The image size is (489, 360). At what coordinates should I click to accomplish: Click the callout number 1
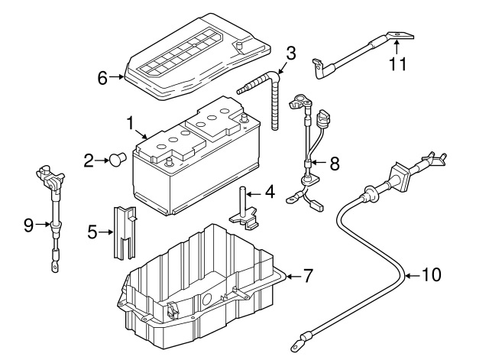click(131, 123)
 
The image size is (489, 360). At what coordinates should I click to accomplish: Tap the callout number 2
click(89, 161)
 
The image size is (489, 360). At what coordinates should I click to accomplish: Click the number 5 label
click(92, 231)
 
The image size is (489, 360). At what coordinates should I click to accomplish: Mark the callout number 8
click(334, 163)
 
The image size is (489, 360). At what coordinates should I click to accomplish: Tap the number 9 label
click(28, 225)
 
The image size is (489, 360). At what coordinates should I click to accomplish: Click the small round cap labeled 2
click(117, 160)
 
